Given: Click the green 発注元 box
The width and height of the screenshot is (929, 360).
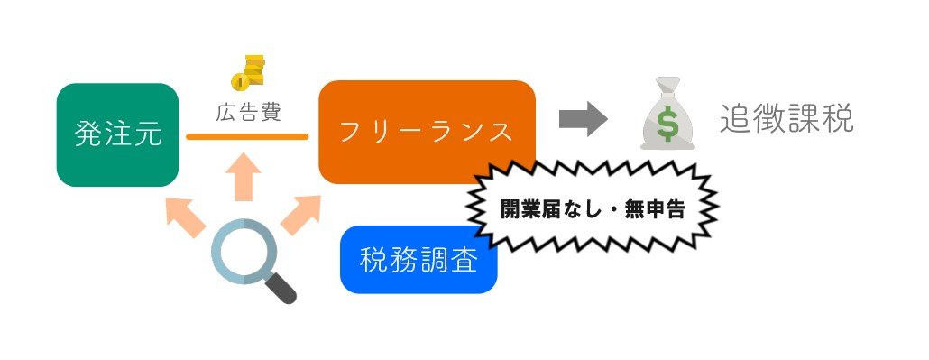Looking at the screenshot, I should [x=117, y=135].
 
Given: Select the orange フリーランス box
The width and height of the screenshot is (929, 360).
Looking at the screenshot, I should [x=427, y=132].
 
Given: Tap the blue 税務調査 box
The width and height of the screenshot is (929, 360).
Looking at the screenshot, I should [x=419, y=260].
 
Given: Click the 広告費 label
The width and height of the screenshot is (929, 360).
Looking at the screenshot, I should [x=247, y=115].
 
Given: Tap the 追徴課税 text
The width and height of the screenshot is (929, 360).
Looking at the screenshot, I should [x=786, y=120].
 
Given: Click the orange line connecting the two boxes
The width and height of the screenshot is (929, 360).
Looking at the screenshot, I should [x=247, y=137].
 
